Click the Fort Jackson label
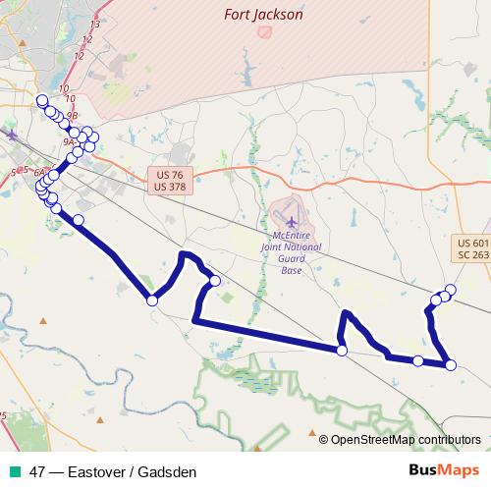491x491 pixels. [263, 15]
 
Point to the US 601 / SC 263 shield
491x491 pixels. [473, 248]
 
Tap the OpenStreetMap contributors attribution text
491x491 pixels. [405, 440]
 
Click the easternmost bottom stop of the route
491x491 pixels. [451, 365]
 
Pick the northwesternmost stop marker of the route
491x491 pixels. [41, 100]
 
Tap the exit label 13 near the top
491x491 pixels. [94, 23]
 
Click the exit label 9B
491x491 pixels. [72, 114]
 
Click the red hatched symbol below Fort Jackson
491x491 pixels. [263, 31]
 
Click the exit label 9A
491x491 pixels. [68, 142]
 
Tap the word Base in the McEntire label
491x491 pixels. [291, 270]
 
